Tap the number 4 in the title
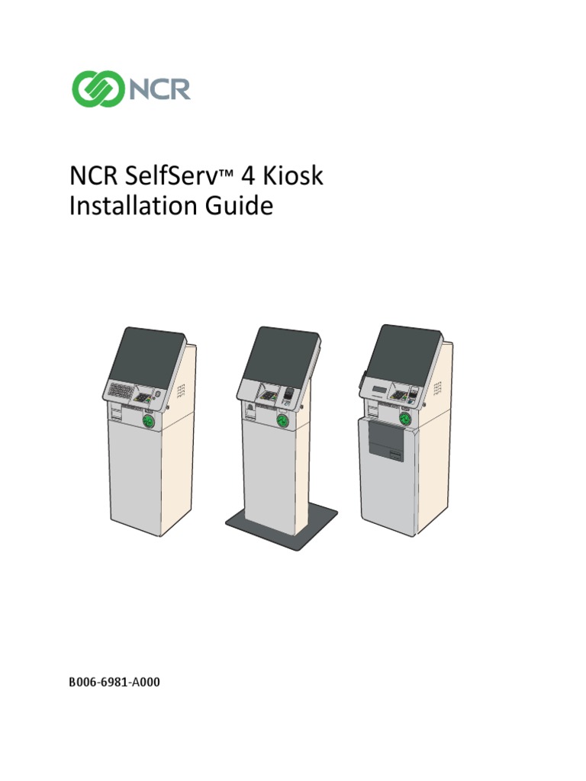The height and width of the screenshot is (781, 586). click(x=248, y=177)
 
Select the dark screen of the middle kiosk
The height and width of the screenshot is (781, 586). click(x=281, y=356)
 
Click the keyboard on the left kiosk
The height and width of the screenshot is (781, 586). click(x=120, y=391)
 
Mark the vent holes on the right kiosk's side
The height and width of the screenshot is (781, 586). click(x=437, y=387)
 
